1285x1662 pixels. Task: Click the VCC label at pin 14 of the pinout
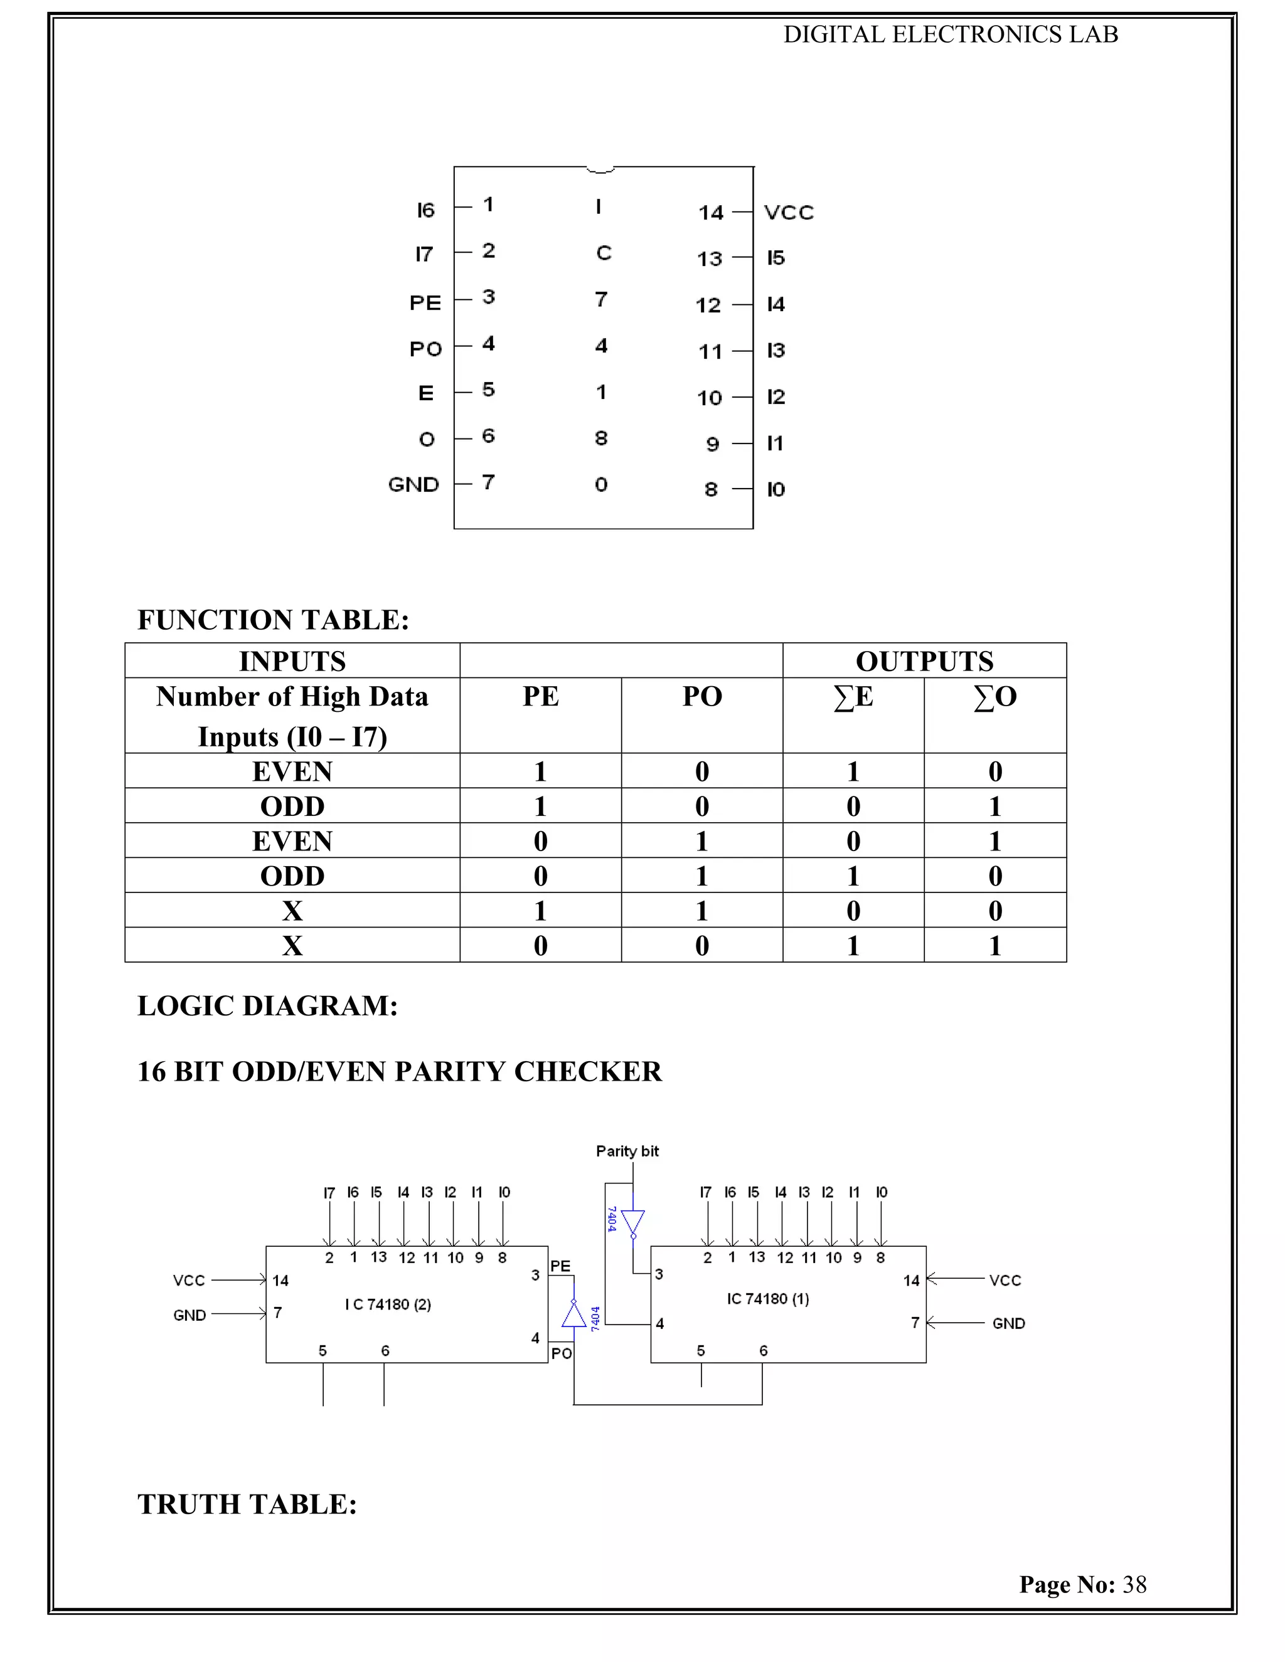coord(789,213)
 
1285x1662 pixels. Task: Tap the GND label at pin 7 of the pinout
coord(413,485)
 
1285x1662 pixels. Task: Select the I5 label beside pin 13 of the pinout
coord(776,258)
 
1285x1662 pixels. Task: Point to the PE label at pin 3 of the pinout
coord(425,303)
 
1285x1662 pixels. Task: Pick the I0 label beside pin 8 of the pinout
coord(776,489)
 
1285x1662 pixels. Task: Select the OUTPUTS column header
coord(924,661)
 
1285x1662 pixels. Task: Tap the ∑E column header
coord(853,697)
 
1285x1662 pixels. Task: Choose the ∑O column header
coord(995,697)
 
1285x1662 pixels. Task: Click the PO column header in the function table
coord(702,697)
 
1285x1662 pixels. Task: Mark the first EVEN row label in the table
coord(292,771)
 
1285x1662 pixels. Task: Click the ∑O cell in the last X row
coord(995,946)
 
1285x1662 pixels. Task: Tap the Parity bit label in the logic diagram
coord(627,1151)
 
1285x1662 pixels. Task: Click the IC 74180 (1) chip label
coord(767,1299)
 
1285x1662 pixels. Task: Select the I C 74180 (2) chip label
coord(388,1305)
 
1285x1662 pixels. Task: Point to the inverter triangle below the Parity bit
coord(632,1223)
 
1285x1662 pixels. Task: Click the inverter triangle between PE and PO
coord(574,1315)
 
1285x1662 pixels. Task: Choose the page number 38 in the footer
coord(1134,1584)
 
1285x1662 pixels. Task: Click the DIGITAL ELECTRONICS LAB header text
coord(951,35)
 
